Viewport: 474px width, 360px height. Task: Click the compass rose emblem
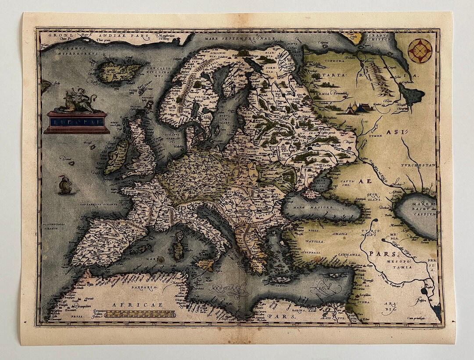420,51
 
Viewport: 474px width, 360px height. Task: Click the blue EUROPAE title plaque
77,120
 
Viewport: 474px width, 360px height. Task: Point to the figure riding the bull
78,100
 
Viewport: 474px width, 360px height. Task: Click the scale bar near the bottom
140,314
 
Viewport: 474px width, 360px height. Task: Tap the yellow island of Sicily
205,264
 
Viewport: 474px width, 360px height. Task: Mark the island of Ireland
115,156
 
